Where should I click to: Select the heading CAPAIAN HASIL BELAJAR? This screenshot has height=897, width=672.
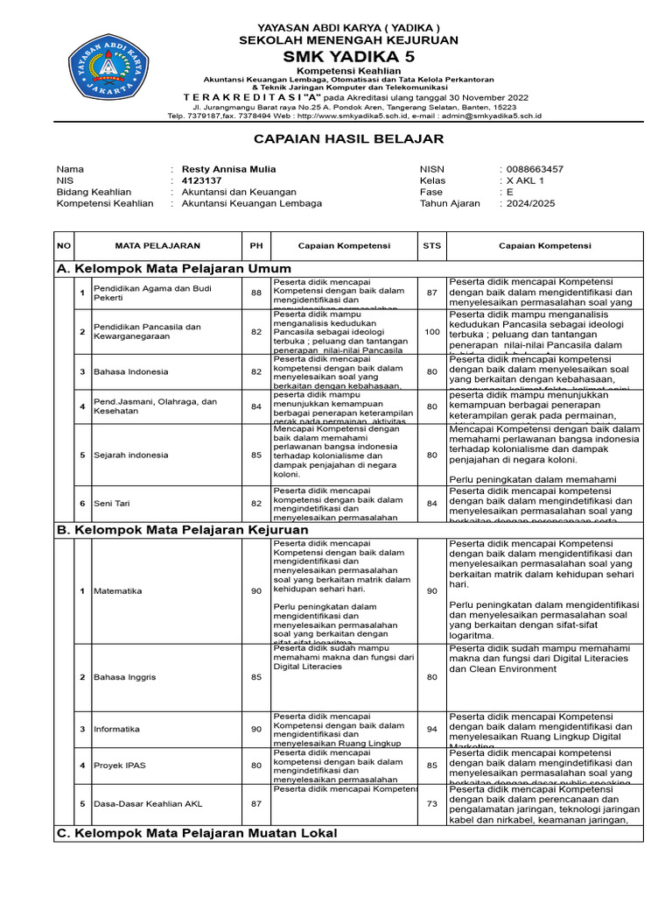coord(336,138)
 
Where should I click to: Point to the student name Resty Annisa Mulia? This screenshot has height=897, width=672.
coord(227,169)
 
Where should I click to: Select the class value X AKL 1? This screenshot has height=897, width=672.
coord(525,180)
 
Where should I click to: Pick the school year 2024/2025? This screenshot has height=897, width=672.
coord(530,203)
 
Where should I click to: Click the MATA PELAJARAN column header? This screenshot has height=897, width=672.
coord(157,246)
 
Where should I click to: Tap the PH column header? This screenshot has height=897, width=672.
coord(256,246)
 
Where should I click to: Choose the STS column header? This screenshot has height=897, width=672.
coord(431,246)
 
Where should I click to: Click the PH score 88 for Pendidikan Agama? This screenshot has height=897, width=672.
coord(256,293)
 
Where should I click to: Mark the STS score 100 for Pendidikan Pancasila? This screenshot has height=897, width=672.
coord(431,331)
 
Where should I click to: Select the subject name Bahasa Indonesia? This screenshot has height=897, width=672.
coord(130,371)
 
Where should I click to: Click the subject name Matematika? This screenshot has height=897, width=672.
coord(117,590)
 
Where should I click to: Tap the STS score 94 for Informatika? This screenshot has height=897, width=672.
coord(431,729)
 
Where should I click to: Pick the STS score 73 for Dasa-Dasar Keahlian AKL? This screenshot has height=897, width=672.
coord(431,803)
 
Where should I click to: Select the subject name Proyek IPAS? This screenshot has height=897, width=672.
coord(121,766)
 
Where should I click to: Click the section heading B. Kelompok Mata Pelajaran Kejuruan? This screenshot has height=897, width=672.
coord(182,530)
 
